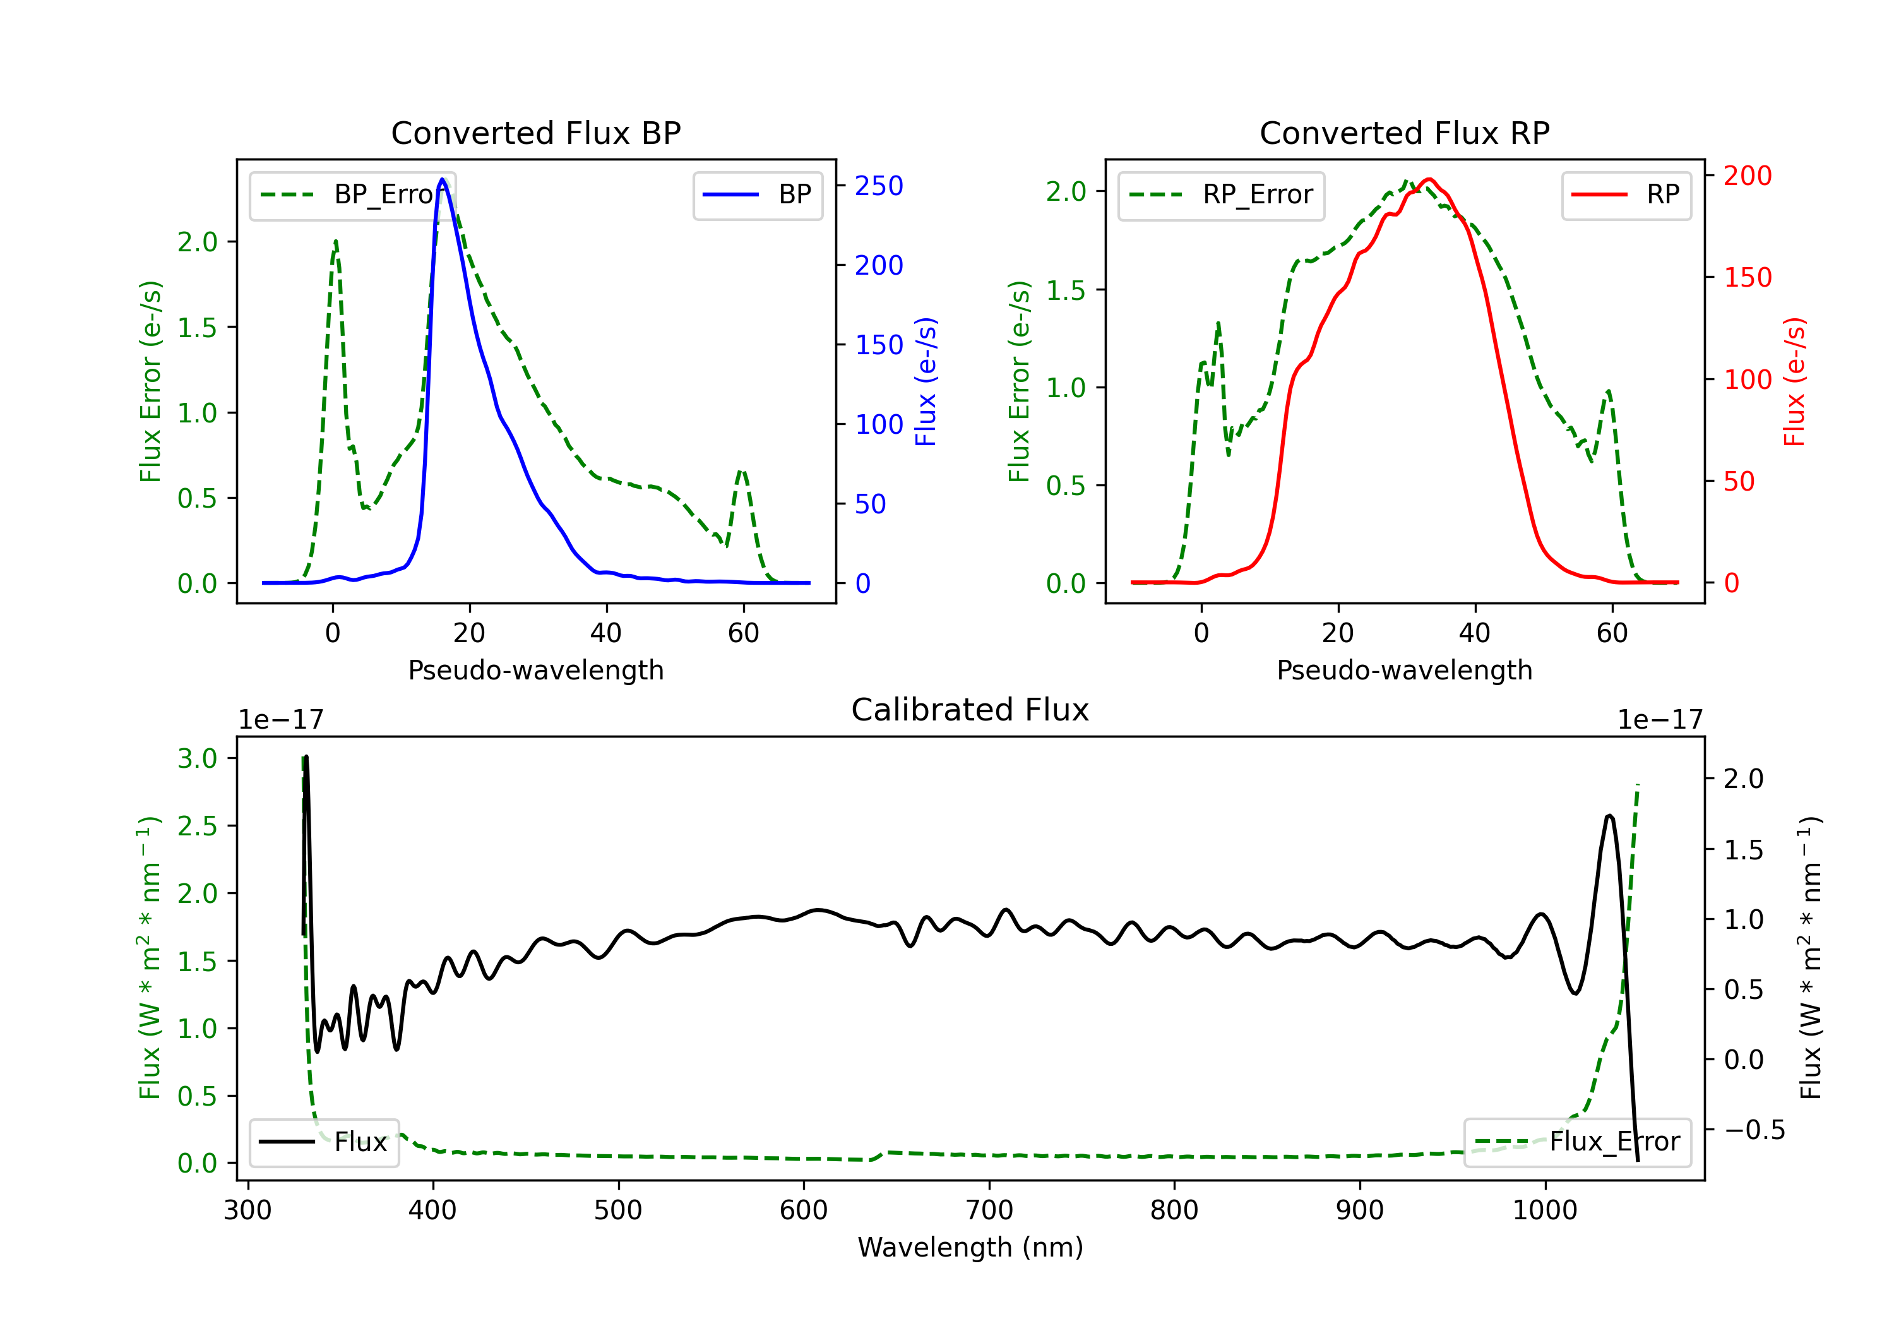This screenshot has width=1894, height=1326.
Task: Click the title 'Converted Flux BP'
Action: pyautogui.click(x=535, y=133)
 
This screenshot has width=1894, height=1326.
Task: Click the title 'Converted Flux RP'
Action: pyautogui.click(x=1404, y=133)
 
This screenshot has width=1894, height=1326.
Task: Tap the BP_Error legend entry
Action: pyautogui.click(x=353, y=194)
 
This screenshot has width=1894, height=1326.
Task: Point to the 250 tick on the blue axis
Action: pyautogui.click(x=879, y=186)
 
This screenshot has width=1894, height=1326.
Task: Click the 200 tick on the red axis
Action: pyautogui.click(x=1747, y=175)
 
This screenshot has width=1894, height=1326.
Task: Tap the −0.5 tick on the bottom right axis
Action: pyautogui.click(x=1754, y=1130)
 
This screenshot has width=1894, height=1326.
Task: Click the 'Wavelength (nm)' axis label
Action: pyautogui.click(x=970, y=1247)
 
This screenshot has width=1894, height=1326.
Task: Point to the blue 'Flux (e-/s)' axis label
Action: pyautogui.click(x=926, y=381)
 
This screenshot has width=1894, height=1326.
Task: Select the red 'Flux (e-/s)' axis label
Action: pyautogui.click(x=1794, y=381)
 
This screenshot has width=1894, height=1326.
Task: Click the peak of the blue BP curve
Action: pyautogui.click(x=442, y=179)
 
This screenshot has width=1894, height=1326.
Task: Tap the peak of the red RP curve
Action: pyautogui.click(x=1429, y=179)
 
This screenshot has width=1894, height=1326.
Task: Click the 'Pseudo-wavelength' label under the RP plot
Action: pyautogui.click(x=1404, y=670)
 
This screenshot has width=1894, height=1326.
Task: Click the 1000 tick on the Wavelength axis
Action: pyautogui.click(x=1544, y=1210)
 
